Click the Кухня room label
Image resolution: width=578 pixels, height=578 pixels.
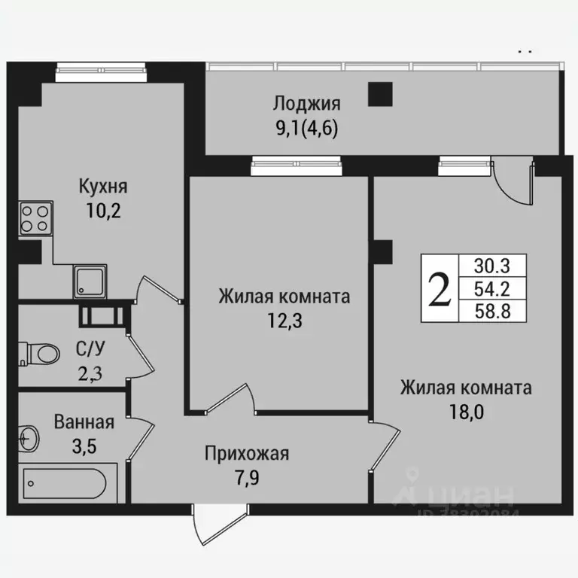point(104,186)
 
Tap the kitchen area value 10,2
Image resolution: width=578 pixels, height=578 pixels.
point(104,209)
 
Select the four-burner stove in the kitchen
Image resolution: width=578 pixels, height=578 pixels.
point(35,219)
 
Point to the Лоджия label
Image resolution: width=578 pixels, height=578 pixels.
point(306,104)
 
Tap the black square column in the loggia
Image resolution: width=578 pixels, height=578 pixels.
point(380,94)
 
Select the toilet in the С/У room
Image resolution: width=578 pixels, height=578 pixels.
point(39,351)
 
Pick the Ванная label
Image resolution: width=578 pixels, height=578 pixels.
point(84,421)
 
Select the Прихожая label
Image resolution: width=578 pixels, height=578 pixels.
point(247,453)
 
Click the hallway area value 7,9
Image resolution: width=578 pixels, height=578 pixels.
point(247,476)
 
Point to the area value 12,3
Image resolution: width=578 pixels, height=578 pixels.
point(284,320)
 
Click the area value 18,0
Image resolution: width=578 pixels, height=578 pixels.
point(466,412)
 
